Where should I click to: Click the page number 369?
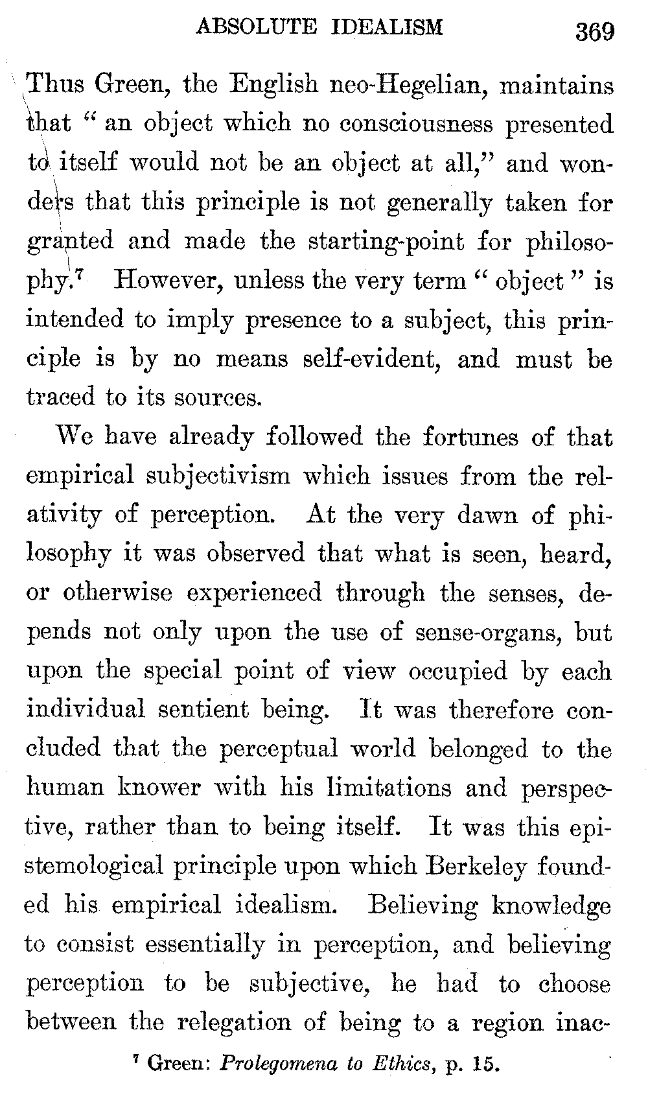(x=595, y=30)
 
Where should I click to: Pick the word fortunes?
(x=470, y=437)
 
